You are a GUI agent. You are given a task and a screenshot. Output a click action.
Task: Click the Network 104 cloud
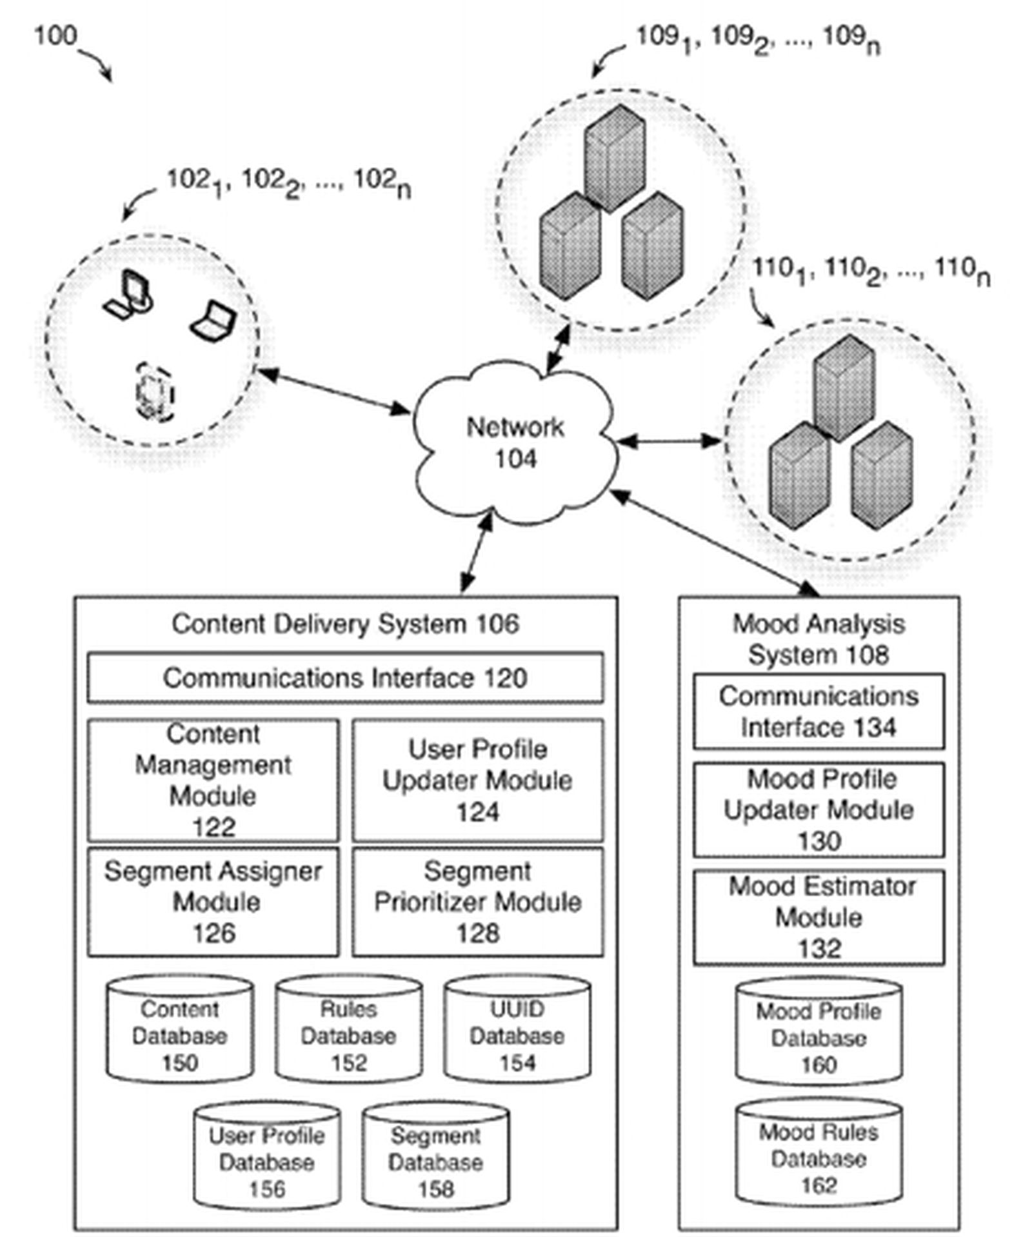click(514, 443)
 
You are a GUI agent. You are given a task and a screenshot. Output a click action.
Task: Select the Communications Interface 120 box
click(345, 678)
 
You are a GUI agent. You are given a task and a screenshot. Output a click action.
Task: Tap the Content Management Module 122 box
click(213, 780)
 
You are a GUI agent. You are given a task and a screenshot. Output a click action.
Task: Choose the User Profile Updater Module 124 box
click(477, 780)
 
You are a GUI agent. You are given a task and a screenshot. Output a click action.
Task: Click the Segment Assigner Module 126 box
click(213, 901)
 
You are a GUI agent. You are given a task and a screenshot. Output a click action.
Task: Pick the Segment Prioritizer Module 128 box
click(477, 901)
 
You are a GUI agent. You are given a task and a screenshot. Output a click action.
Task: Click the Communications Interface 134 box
click(819, 711)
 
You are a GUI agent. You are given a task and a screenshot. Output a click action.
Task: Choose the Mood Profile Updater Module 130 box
click(819, 809)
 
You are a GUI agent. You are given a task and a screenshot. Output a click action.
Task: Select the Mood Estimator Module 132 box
click(819, 917)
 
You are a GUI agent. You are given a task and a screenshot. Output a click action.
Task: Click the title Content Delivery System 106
click(345, 624)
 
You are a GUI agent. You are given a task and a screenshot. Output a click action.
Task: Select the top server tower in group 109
click(614, 158)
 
